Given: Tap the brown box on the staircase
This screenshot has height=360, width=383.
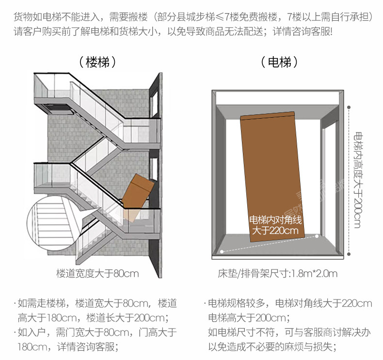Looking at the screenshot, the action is [x=137, y=194].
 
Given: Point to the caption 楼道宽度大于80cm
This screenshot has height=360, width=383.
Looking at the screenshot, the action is [x=97, y=274].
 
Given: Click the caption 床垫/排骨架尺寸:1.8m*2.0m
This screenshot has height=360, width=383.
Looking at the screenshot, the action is [x=277, y=274].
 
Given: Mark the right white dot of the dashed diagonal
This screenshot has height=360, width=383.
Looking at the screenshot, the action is [x=317, y=236].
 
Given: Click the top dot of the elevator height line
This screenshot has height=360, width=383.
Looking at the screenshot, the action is [x=348, y=107].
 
